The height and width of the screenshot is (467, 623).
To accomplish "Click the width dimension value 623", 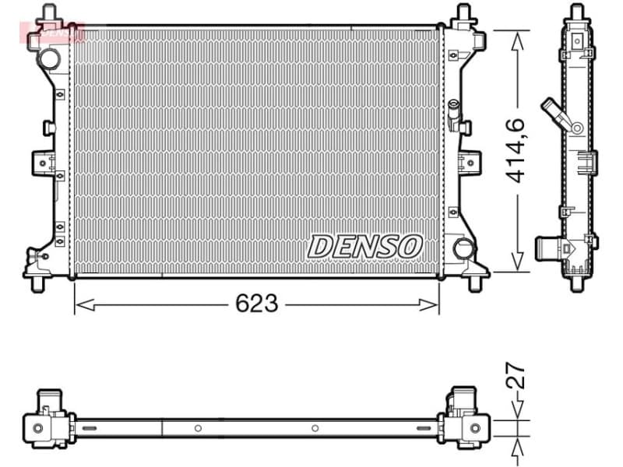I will click(x=256, y=304).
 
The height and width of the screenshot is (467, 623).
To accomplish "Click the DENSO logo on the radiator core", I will click(x=364, y=247).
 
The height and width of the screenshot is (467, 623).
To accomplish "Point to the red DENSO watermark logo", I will click(x=52, y=32).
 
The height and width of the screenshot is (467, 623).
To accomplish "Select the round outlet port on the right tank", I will click(x=463, y=249).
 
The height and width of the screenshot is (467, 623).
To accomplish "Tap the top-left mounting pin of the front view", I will click(x=48, y=13).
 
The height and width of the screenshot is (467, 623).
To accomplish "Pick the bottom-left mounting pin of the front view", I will click(x=36, y=283).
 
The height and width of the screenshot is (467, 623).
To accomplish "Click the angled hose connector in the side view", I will click(x=561, y=114).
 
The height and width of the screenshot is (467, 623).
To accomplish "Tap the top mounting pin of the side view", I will click(x=576, y=12).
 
